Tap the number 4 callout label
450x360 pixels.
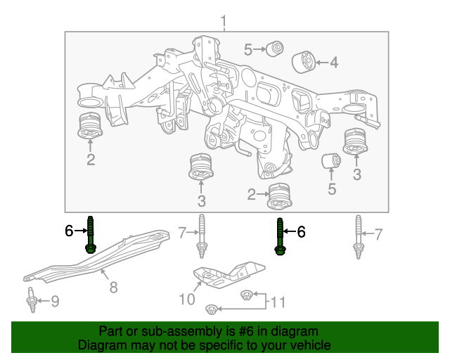(333, 63)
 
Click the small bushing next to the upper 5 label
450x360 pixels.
(276, 49)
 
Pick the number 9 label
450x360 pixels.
(55, 302)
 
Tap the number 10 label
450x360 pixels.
(186, 300)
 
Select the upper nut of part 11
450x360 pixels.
(246, 295)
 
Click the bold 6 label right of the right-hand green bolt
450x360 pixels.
(301, 231)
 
